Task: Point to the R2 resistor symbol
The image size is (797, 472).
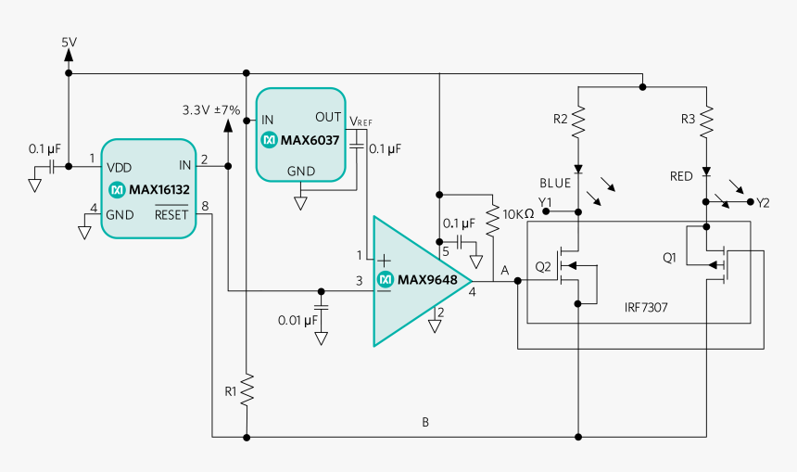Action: click(x=577, y=121)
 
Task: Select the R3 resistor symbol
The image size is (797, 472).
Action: click(x=706, y=121)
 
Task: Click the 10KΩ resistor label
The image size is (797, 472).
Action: click(x=517, y=213)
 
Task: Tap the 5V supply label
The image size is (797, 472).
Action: click(x=70, y=43)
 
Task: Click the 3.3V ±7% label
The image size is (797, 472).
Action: click(x=211, y=109)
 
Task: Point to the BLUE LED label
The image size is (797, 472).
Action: click(x=555, y=183)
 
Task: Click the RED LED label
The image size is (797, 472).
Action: click(x=683, y=176)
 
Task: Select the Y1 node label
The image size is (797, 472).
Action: click(x=544, y=202)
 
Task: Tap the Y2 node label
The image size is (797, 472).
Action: click(x=763, y=202)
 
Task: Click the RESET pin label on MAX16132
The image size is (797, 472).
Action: click(x=171, y=215)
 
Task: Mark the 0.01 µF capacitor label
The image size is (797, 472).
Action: click(x=297, y=320)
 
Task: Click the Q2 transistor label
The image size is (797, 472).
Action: click(x=544, y=266)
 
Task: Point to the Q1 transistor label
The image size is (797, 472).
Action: click(x=670, y=257)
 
